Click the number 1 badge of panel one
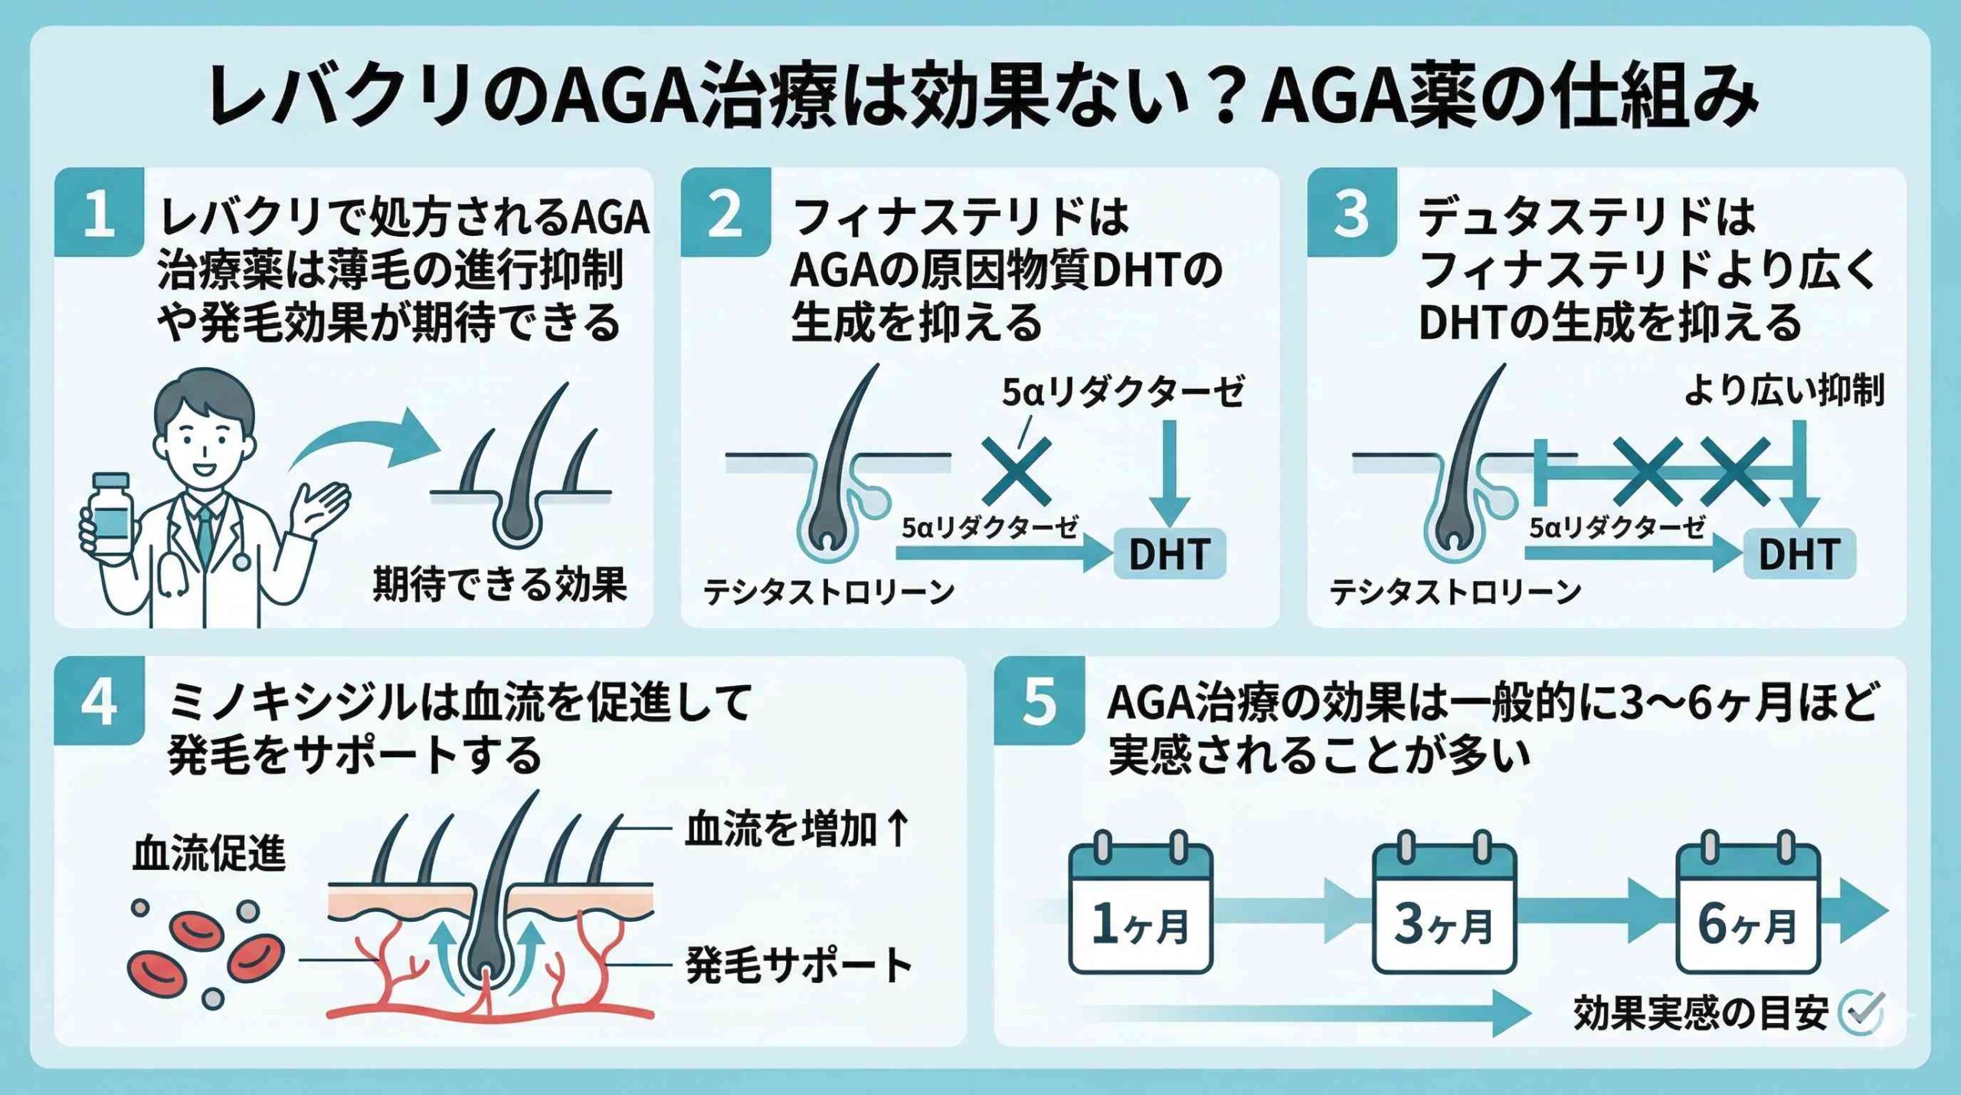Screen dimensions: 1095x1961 [99, 212]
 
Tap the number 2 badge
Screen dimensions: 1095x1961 [725, 212]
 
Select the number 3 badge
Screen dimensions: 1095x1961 [1351, 212]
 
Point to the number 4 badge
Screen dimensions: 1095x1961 [99, 700]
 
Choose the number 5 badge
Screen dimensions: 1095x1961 [1039, 700]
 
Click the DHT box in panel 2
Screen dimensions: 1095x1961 [1169, 553]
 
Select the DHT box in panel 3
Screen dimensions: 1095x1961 [1799, 553]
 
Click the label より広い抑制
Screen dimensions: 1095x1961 [1783, 392]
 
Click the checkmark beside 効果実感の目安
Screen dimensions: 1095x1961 [1862, 1013]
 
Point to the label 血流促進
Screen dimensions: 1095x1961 [209, 854]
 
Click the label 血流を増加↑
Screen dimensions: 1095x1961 [797, 829]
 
